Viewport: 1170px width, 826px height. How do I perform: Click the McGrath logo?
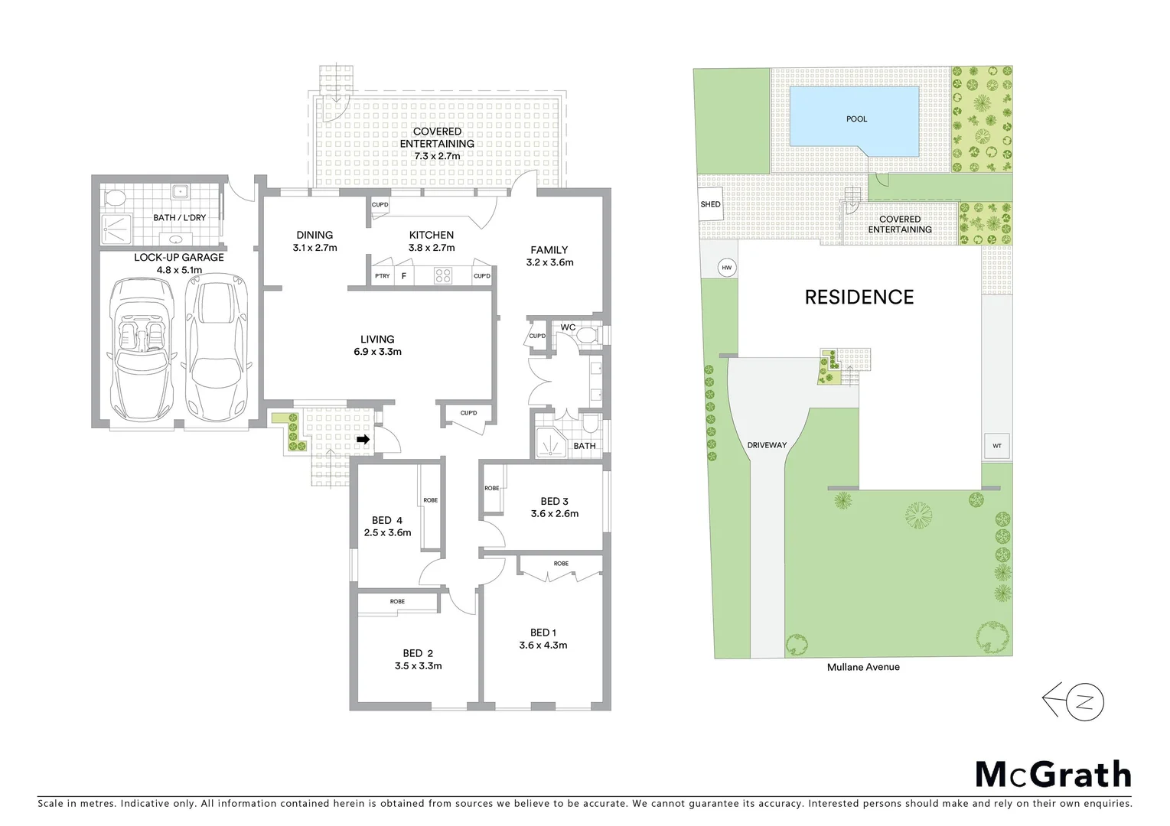tap(1053, 775)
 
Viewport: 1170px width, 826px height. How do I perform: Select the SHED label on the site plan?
tap(710, 204)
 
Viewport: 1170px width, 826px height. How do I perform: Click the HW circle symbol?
tap(726, 268)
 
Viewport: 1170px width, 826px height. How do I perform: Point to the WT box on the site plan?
tap(996, 446)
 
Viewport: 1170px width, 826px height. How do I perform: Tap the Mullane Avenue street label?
tap(863, 667)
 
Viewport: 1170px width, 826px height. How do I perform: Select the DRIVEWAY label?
tap(767, 445)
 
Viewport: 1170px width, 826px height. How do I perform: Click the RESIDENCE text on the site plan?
tap(859, 297)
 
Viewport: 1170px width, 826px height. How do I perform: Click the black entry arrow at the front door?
tap(364, 440)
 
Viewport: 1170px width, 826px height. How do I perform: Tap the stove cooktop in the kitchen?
tap(442, 275)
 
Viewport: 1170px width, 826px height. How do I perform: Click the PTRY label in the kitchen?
tap(382, 276)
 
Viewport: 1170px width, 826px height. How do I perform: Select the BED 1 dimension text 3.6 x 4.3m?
tap(543, 646)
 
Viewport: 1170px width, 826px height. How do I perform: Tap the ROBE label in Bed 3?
tap(491, 488)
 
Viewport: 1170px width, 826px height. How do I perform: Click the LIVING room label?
tap(377, 339)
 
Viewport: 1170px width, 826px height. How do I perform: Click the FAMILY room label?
tap(549, 250)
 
